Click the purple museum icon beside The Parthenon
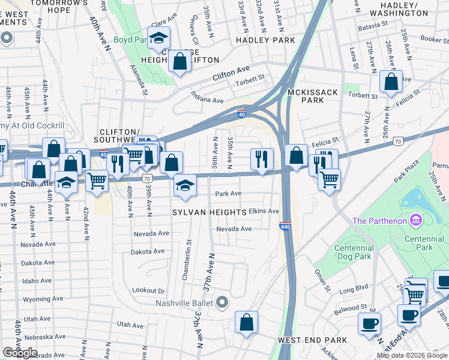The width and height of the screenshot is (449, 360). (415, 221)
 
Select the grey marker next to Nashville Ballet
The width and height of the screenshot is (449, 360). (223, 302)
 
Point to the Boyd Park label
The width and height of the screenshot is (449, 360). (130, 40)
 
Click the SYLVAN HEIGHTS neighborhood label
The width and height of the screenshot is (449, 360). (209, 212)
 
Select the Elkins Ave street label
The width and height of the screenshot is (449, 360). (264, 211)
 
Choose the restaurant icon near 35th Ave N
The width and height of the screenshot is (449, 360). (261, 159)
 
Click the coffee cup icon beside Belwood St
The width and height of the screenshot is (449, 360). (369, 323)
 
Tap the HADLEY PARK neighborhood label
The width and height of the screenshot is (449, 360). (265, 40)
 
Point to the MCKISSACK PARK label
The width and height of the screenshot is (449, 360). (313, 96)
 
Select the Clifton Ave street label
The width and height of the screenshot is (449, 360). (231, 75)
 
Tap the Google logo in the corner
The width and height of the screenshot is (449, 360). (19, 353)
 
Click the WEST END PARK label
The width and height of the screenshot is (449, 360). (312, 340)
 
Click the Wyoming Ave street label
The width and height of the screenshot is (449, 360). (43, 299)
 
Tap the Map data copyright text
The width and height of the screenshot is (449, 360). (412, 355)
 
